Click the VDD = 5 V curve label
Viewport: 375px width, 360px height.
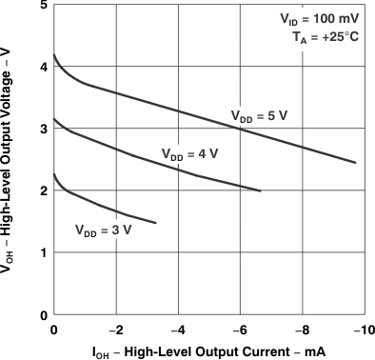tap(258, 115)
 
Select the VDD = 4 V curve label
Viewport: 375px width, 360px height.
tap(189, 152)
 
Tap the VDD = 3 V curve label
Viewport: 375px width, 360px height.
tap(103, 229)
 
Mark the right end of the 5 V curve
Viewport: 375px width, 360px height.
tap(355, 163)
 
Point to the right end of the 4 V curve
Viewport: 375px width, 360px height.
tap(261, 191)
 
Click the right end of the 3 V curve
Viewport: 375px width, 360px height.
tap(155, 223)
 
